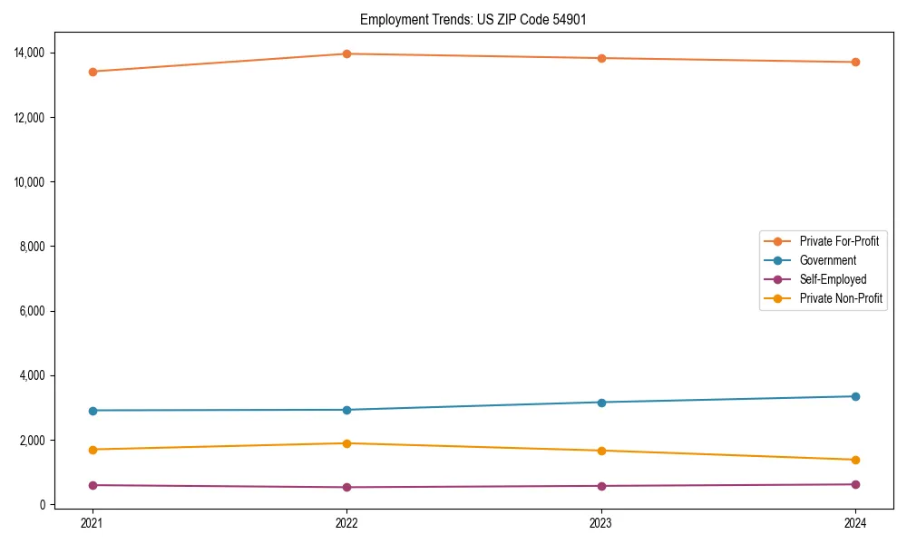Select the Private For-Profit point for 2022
coord(346,53)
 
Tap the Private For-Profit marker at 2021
coord(93,72)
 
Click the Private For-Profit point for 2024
coord(855,62)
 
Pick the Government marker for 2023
coord(601,402)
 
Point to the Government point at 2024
coord(855,396)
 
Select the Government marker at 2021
coord(93,411)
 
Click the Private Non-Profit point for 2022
coord(346,443)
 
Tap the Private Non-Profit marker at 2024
coord(855,460)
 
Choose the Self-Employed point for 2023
coord(601,486)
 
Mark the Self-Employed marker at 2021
coord(93,485)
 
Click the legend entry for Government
coord(827,260)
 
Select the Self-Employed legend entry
coord(833,279)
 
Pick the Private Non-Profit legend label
coord(841,298)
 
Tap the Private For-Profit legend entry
coord(839,241)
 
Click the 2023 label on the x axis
coord(601,523)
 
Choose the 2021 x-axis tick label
coord(93,523)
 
